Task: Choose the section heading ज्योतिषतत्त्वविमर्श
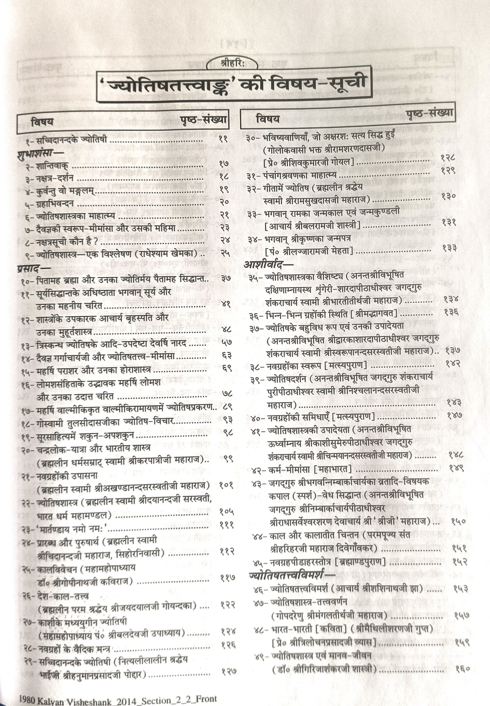coord(290,575)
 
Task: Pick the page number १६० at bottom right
coord(462,668)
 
